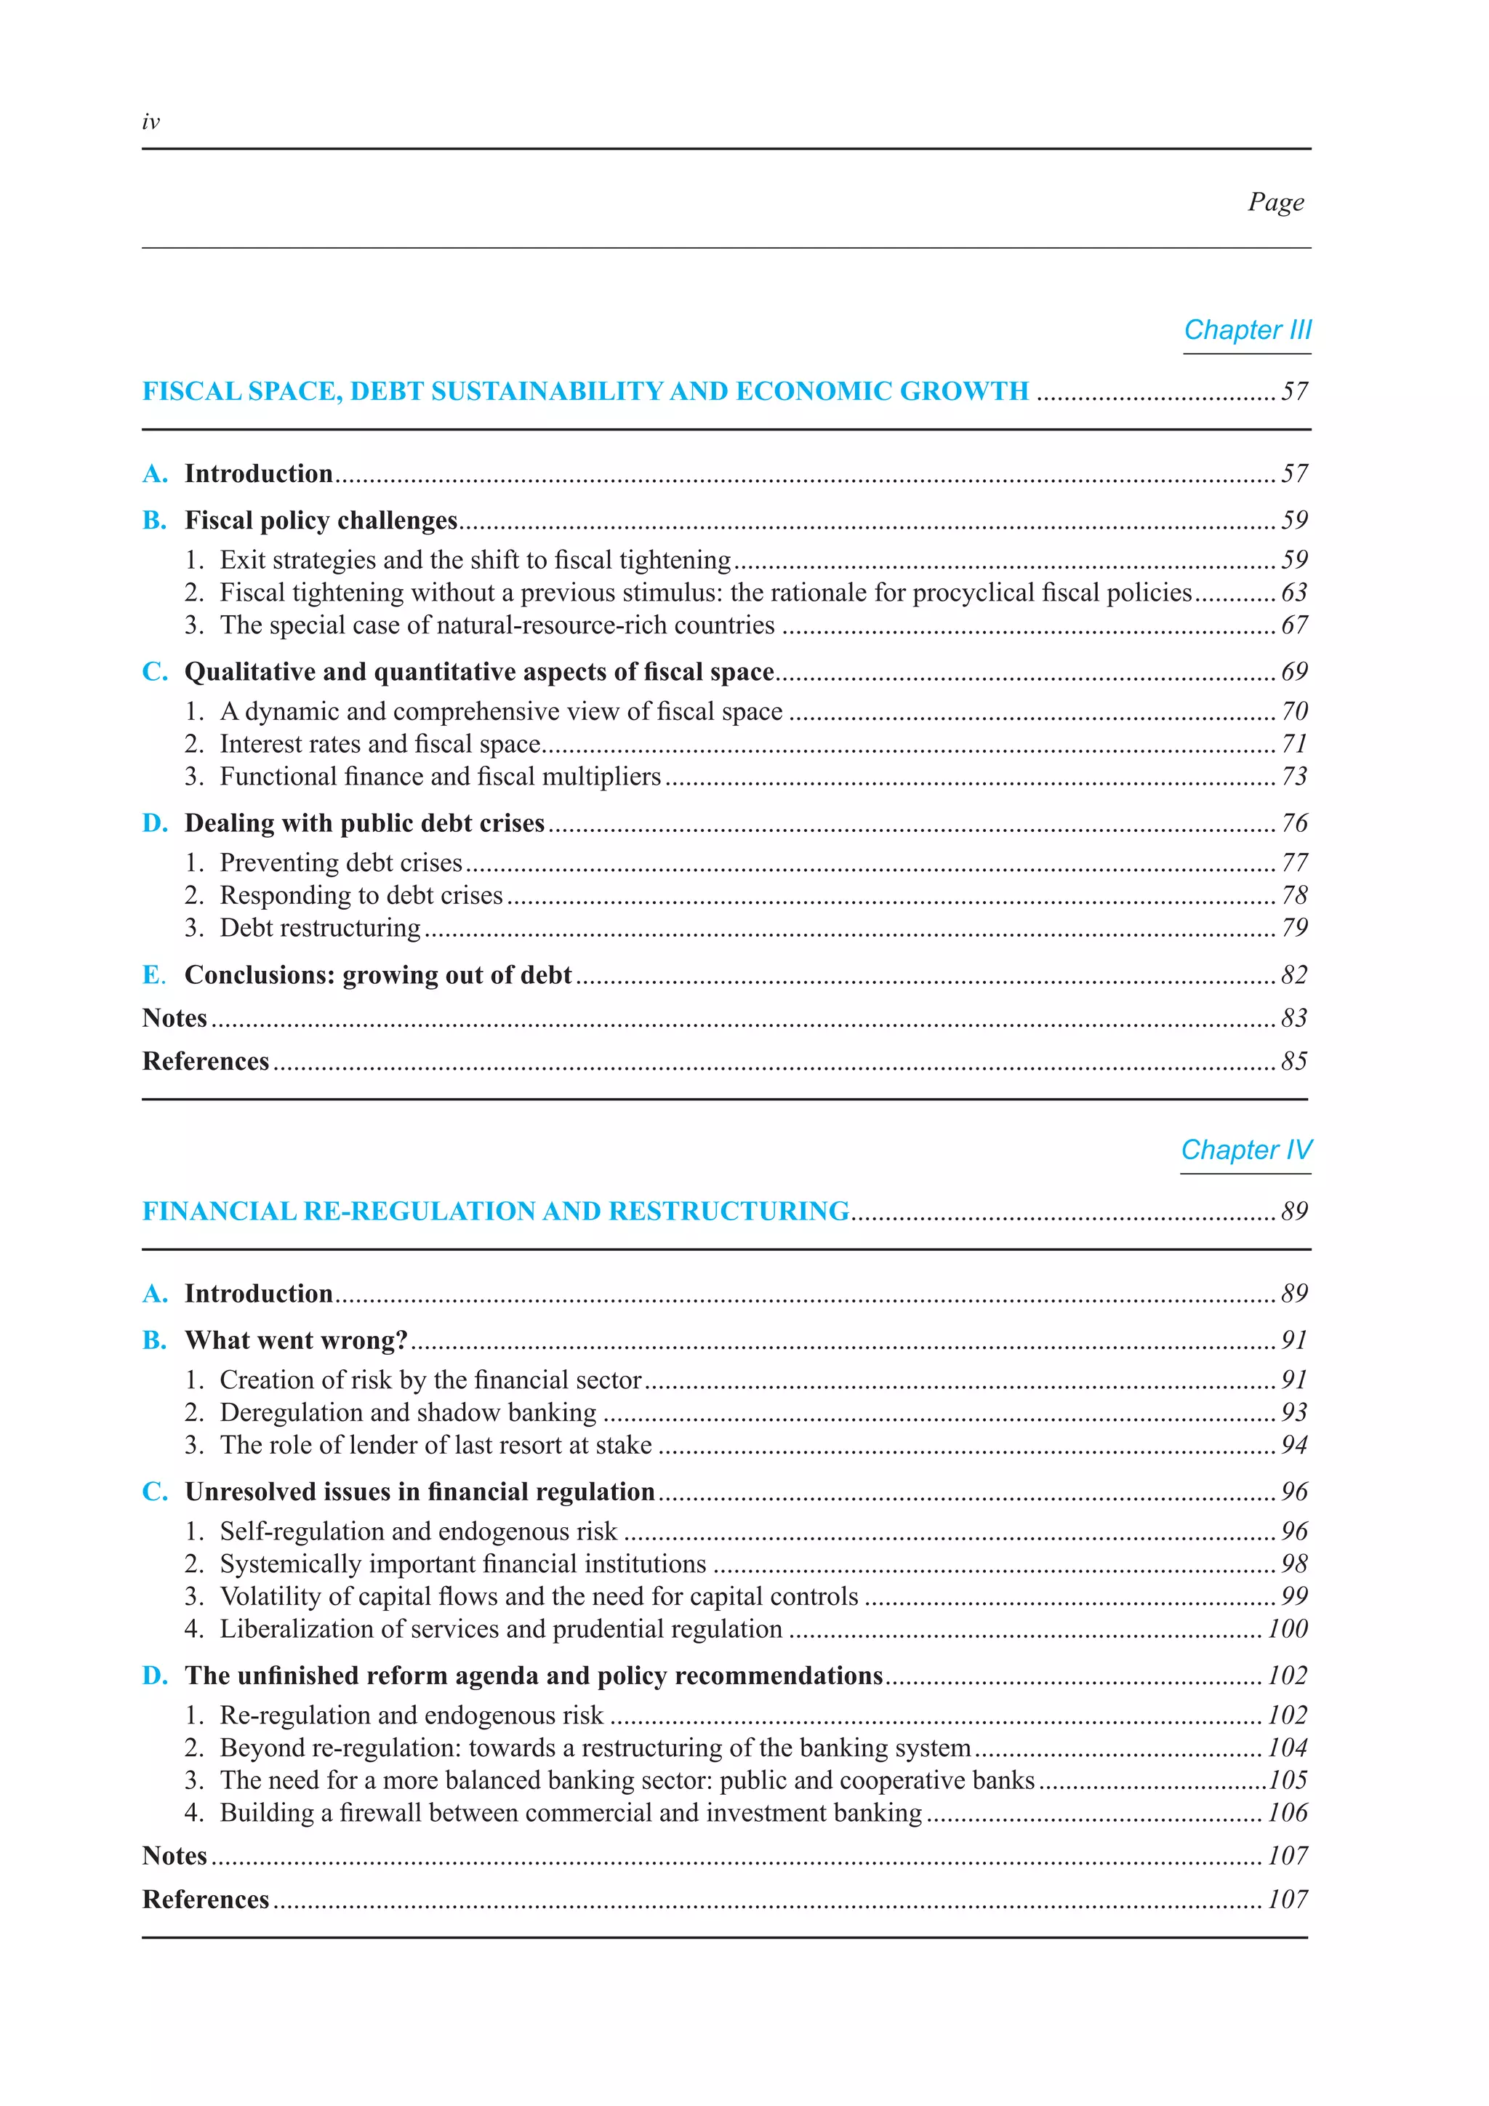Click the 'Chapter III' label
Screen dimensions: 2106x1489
(x=1247, y=330)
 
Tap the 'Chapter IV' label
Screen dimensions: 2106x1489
(x=1246, y=1150)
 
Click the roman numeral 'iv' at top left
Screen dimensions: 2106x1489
(x=151, y=122)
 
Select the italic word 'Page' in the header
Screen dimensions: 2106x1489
(x=1275, y=201)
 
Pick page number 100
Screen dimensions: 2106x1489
(x=1288, y=1629)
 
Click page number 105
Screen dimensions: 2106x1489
(x=1288, y=1780)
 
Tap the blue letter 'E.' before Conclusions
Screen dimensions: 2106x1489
(x=154, y=975)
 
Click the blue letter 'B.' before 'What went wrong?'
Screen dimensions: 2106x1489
(x=154, y=1341)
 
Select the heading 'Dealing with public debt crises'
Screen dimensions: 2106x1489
(x=365, y=824)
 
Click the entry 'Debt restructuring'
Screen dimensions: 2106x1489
(x=320, y=928)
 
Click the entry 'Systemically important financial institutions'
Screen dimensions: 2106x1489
(x=463, y=1564)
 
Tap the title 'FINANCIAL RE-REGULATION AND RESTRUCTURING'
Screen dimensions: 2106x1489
(x=496, y=1212)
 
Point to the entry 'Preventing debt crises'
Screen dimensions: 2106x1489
(x=341, y=863)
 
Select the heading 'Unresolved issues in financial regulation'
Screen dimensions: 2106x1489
(x=420, y=1492)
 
